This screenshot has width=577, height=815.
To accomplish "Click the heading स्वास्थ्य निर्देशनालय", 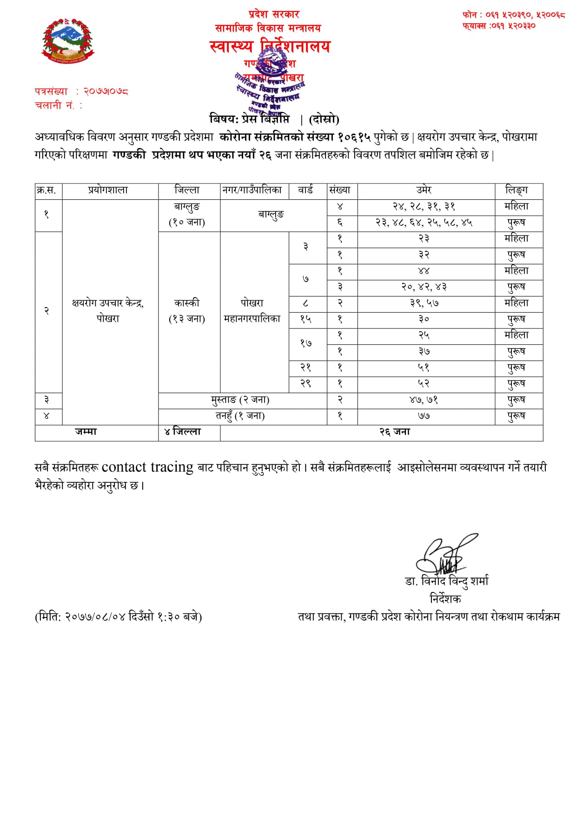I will click(x=270, y=46).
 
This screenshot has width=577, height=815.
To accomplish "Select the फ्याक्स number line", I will click(x=498, y=26).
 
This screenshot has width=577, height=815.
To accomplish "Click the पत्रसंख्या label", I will click(x=52, y=92).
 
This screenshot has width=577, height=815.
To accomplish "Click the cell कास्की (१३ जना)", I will click(x=187, y=311).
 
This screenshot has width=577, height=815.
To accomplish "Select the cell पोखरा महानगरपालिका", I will click(x=252, y=311).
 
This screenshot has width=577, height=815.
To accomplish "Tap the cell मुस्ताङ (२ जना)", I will click(x=240, y=400).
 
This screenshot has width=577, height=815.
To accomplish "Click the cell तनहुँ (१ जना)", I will click(x=240, y=416).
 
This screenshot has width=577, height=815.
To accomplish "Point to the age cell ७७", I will click(x=424, y=416).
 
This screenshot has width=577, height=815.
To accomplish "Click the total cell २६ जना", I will click(x=395, y=432).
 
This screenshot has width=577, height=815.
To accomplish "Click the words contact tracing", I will click(x=147, y=467).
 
